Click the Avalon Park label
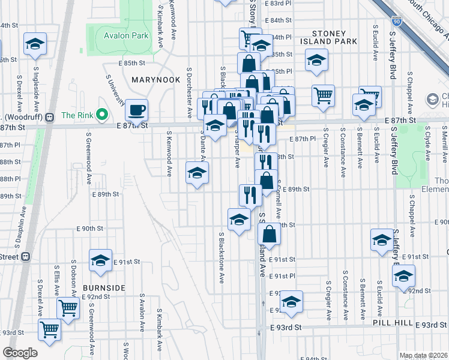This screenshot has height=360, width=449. pyautogui.click(x=126, y=36)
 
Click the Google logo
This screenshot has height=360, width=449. pyautogui.click(x=20, y=353)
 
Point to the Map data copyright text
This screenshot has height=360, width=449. pyautogui.click(x=423, y=355)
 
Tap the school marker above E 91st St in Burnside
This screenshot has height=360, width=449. pyautogui.click(x=100, y=260)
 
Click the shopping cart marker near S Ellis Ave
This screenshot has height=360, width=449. pyautogui.click(x=68, y=308)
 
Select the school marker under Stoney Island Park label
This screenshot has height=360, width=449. pyautogui.click(x=316, y=60)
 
